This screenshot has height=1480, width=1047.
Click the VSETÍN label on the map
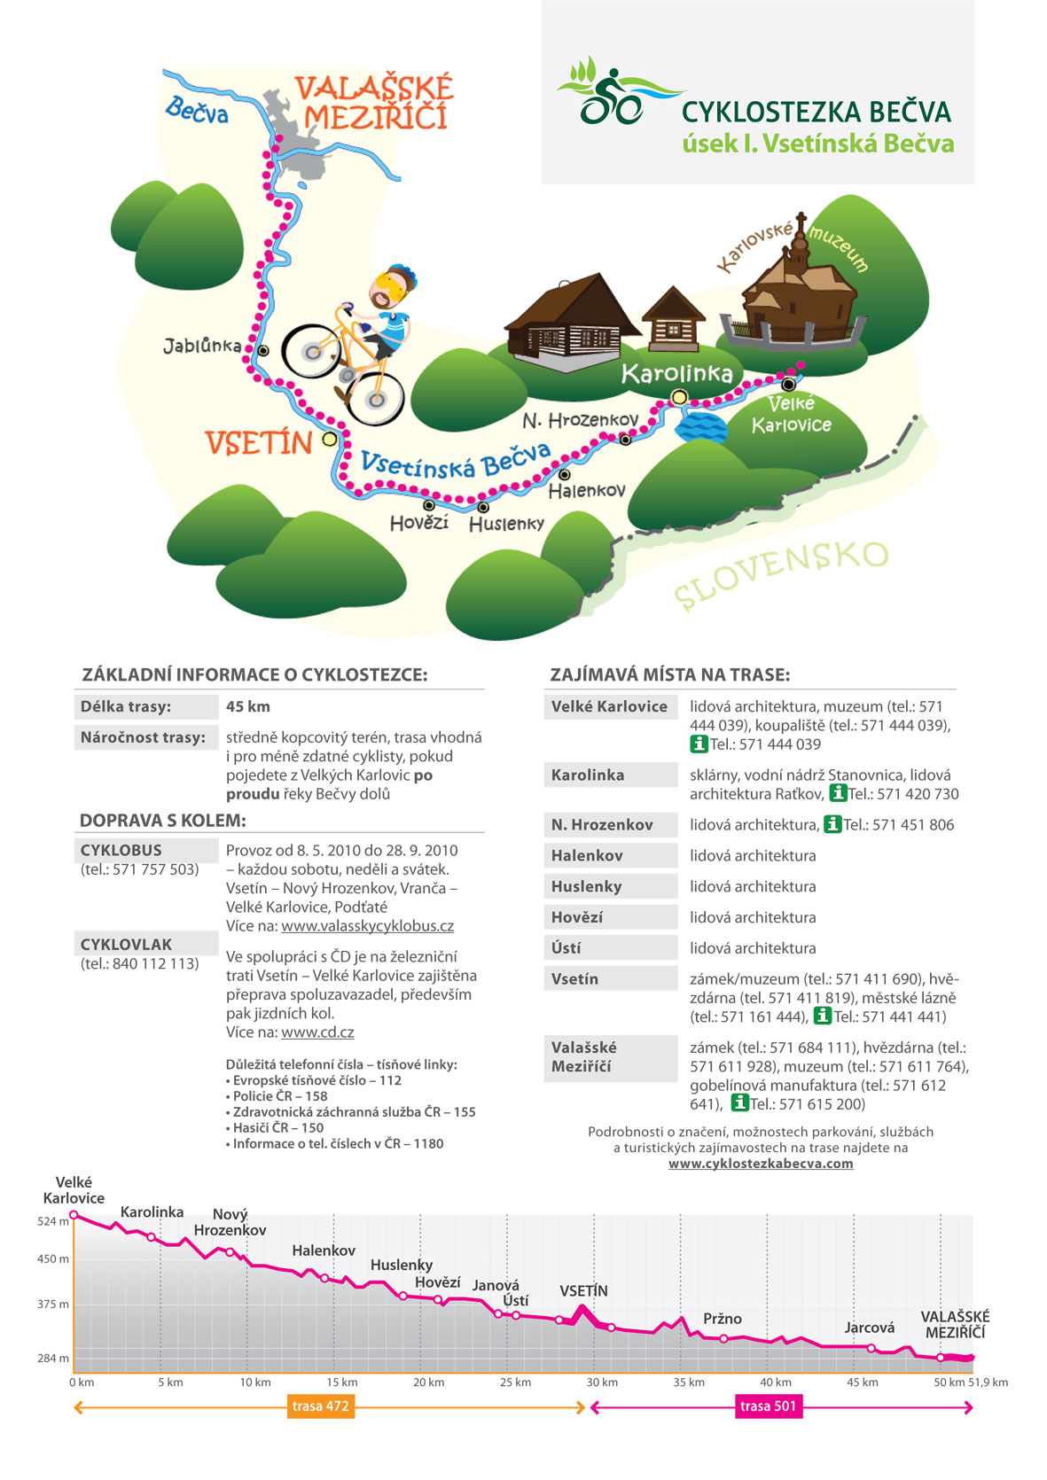258,443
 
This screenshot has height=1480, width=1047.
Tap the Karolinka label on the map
676,373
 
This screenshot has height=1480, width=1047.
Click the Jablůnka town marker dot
263,351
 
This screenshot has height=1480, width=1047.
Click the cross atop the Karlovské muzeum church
801,219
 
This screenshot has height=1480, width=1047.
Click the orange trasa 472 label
319,1406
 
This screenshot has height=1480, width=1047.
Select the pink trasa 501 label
768,1406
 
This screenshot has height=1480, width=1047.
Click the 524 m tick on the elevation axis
52,1221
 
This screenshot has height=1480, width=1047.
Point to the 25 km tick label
515,1383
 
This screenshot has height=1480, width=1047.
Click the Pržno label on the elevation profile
723,1319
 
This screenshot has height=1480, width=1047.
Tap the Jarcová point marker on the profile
871,1349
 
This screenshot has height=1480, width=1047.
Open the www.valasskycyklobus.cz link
367,926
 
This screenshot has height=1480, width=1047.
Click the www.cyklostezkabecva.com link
761,1164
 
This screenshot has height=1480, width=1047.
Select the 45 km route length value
248,706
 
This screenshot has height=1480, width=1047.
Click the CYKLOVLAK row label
126,945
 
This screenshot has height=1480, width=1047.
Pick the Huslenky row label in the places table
586,886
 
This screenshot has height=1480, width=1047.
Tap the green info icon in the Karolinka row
838,793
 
